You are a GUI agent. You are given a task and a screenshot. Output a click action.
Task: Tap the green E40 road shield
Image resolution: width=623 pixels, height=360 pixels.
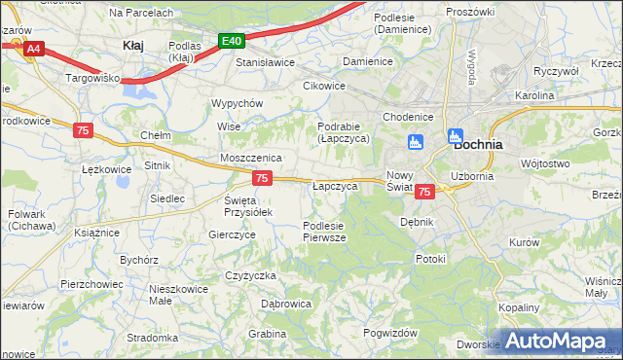231,41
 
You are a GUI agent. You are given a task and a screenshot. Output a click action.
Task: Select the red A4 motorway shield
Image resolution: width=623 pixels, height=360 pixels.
34,48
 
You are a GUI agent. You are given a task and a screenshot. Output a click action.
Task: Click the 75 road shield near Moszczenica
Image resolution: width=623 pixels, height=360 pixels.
261,178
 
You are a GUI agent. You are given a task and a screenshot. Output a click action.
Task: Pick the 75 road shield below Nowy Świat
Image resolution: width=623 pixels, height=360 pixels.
423,193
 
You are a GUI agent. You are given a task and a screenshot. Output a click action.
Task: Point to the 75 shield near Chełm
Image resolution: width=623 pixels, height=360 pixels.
83,130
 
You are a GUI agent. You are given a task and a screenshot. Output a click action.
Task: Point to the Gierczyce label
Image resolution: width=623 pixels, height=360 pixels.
232,234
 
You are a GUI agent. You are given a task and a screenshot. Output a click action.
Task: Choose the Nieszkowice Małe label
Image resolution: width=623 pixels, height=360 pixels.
174,295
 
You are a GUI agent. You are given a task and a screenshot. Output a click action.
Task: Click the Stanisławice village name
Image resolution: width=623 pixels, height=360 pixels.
266,62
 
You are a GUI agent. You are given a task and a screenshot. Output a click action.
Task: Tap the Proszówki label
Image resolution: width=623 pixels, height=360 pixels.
470,11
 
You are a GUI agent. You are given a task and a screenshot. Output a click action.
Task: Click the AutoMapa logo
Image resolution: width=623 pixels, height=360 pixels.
558,341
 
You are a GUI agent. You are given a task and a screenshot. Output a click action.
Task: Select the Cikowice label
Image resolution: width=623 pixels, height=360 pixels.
324,85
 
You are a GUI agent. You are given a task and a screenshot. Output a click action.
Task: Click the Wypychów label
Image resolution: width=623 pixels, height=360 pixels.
238,103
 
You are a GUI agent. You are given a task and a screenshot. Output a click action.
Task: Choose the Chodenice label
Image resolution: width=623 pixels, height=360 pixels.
407,116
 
